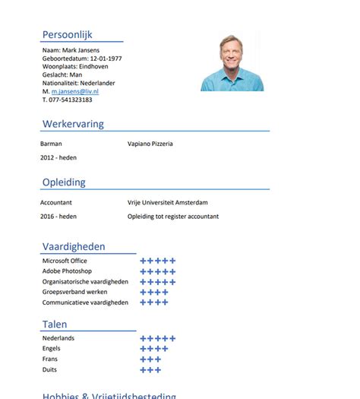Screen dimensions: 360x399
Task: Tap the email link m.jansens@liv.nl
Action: (75, 91)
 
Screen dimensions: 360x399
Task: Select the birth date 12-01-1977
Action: (106, 59)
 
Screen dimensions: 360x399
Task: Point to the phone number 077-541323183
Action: (71, 100)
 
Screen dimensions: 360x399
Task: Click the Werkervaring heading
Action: (73, 124)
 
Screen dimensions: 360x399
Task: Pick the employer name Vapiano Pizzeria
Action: (150, 143)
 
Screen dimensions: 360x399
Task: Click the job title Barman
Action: (51, 143)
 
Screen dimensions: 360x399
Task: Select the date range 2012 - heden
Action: (58, 157)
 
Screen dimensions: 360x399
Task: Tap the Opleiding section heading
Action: (64, 182)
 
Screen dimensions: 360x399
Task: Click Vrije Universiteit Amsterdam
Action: (167, 202)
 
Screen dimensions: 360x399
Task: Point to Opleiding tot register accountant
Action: (173, 216)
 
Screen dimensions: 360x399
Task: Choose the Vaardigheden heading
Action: (74, 246)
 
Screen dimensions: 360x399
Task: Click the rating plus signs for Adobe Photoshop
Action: (158, 271)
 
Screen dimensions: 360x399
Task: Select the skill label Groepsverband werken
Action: (74, 292)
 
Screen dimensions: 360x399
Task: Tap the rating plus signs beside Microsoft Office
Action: (158, 261)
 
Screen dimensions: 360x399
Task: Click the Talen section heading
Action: (55, 325)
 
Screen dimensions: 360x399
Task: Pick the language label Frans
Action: (50, 359)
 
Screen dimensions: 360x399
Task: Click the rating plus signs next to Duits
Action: (150, 370)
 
